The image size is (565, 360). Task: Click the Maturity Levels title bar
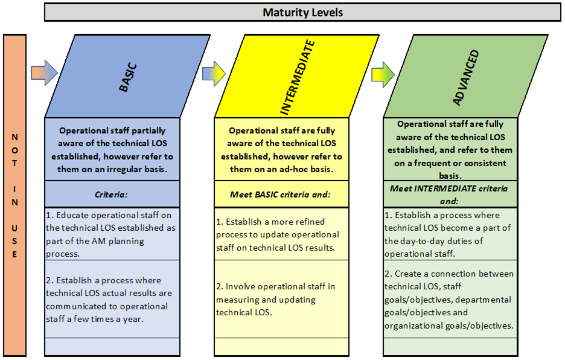pos(302,12)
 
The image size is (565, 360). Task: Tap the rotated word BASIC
pos(128,77)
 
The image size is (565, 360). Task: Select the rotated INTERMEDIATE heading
pos(298,77)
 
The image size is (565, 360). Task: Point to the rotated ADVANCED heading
pos(465,77)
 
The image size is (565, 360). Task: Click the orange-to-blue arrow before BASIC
pos(44,72)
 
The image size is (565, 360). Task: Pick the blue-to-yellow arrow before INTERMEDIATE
pos(214,74)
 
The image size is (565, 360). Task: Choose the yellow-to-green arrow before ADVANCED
pos(383,75)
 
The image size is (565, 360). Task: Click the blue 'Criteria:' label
pos(111,194)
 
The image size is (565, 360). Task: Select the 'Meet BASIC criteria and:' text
pos(280,194)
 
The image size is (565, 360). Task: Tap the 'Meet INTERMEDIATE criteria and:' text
pos(449,194)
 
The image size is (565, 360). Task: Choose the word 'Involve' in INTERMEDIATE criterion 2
pos(240,286)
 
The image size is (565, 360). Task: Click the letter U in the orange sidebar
pos(14,228)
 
